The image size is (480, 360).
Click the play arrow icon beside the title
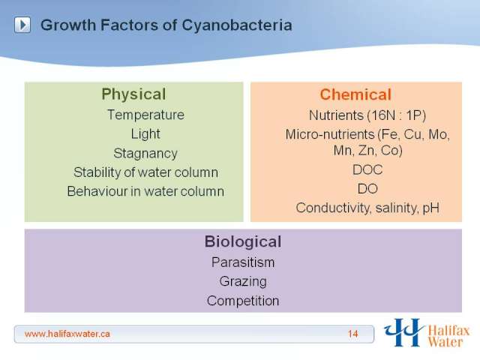pyautogui.click(x=22, y=25)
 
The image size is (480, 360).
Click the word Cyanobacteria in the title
pyautogui.click(x=237, y=25)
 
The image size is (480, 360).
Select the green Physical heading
pyautogui.click(x=133, y=94)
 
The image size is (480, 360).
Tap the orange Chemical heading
pyautogui.click(x=355, y=94)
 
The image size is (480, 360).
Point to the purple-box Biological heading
pyautogui.click(x=243, y=241)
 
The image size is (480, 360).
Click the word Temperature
pyautogui.click(x=145, y=115)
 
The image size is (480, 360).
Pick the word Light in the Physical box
pyautogui.click(x=145, y=134)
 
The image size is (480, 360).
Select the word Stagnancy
pyautogui.click(x=145, y=153)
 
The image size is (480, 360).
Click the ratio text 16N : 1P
pyautogui.click(x=396, y=115)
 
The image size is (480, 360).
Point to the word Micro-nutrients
pyautogui.click(x=330, y=134)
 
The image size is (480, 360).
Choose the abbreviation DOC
pyautogui.click(x=367, y=170)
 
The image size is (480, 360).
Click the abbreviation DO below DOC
pyautogui.click(x=367, y=189)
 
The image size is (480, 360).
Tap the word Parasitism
pyautogui.click(x=243, y=262)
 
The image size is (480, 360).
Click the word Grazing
pyautogui.click(x=243, y=282)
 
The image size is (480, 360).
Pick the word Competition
pyautogui.click(x=243, y=301)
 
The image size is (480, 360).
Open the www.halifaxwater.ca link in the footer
pyautogui.click(x=67, y=334)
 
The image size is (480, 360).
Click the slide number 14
pyautogui.click(x=352, y=334)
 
